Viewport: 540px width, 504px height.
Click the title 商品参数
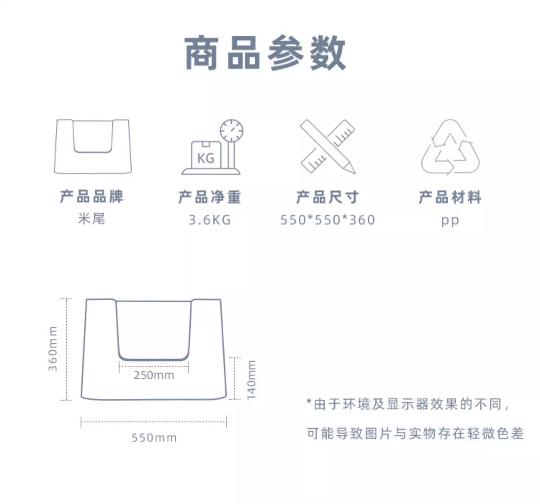click(x=265, y=53)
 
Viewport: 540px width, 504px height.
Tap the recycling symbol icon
click(x=450, y=147)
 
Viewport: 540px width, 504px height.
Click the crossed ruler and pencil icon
click(x=328, y=147)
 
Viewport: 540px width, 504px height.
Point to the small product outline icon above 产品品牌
click(x=93, y=146)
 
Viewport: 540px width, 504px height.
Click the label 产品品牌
click(x=92, y=197)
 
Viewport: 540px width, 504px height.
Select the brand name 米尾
click(x=91, y=219)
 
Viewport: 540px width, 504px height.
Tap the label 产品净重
click(x=210, y=197)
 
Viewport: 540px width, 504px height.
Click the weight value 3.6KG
click(x=210, y=220)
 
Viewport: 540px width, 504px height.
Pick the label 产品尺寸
click(x=327, y=197)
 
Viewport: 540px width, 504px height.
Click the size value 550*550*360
click(x=328, y=220)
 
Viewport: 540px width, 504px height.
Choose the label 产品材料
click(x=450, y=197)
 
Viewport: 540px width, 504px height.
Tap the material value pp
click(x=450, y=220)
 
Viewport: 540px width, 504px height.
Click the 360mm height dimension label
click(x=53, y=348)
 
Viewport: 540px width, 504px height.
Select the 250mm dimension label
click(x=154, y=375)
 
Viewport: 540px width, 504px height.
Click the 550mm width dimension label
click(x=154, y=438)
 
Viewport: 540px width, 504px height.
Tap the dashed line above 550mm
click(x=154, y=422)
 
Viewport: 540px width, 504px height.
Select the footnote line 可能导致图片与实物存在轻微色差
click(x=415, y=433)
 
